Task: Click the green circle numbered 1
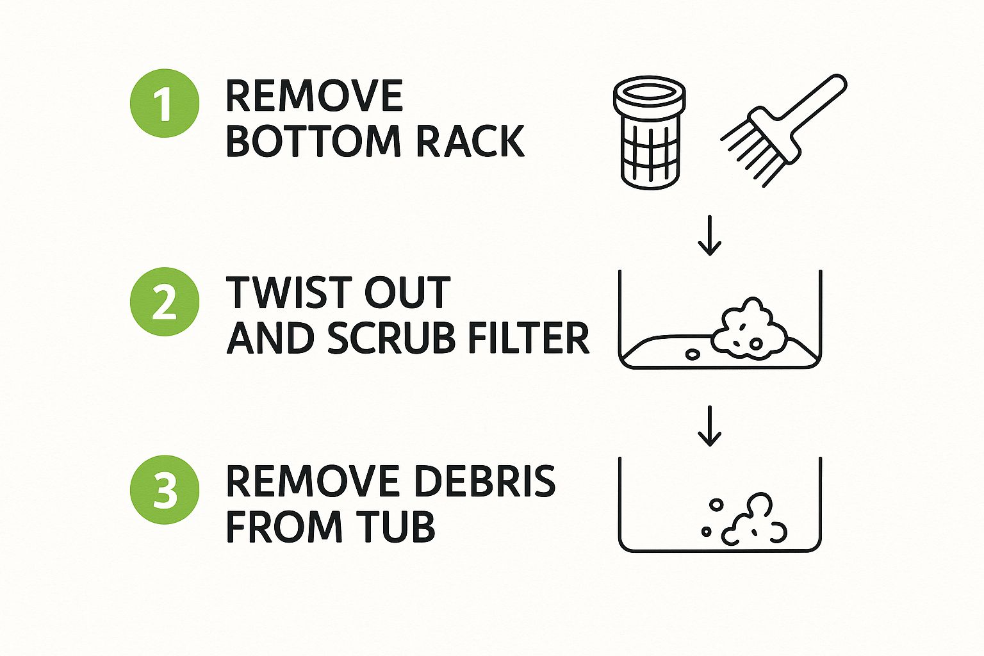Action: click(x=165, y=103)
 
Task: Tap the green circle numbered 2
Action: click(x=165, y=302)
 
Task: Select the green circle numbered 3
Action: click(x=165, y=490)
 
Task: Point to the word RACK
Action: click(x=470, y=141)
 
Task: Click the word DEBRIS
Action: click(x=485, y=482)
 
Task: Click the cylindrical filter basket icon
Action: click(x=649, y=133)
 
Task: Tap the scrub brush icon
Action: click(x=783, y=131)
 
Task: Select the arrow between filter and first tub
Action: click(x=709, y=235)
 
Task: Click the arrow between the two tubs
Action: click(x=709, y=426)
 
